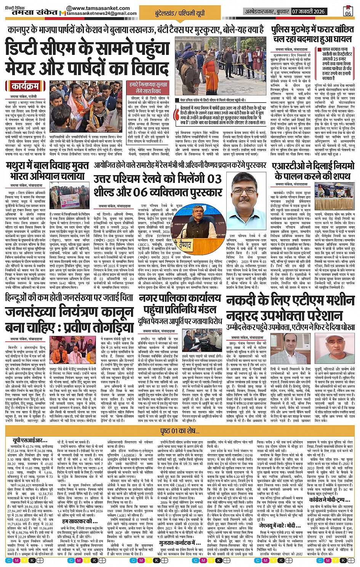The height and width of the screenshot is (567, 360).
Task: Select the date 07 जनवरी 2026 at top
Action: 309,11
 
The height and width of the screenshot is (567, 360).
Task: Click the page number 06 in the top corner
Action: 348,11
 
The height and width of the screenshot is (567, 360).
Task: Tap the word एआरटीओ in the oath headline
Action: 288,166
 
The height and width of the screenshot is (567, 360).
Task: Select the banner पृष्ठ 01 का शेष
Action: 180,431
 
